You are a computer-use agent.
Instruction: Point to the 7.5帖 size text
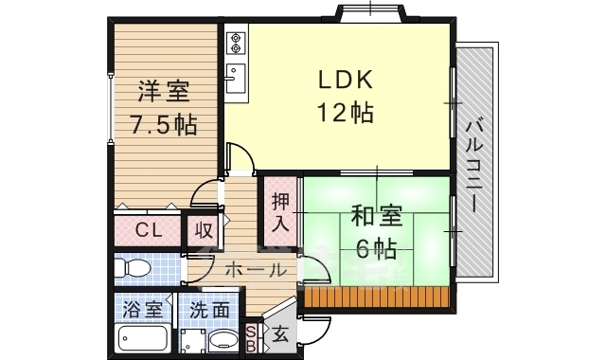164,124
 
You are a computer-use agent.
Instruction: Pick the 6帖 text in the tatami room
377,249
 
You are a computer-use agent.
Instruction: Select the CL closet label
147,229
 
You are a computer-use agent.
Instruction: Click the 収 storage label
204,229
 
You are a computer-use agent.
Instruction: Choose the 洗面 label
207,309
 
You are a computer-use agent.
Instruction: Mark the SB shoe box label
251,337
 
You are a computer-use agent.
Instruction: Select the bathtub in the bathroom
143,337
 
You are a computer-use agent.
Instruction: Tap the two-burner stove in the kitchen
236,42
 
